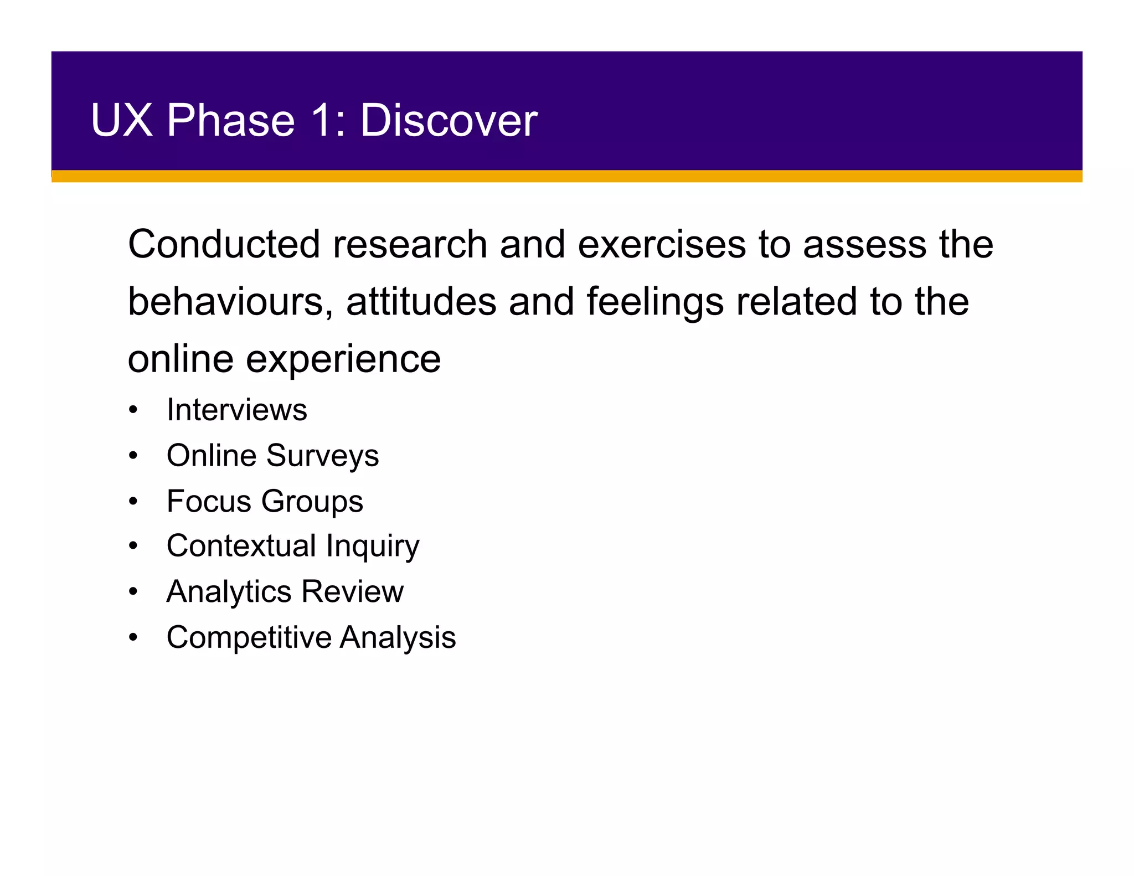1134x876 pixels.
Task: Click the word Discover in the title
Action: tap(449, 120)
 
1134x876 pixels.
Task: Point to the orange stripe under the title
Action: tap(567, 177)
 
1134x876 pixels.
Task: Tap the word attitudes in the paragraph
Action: tap(421, 302)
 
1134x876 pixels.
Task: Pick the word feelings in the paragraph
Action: tap(655, 302)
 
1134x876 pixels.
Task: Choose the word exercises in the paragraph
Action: tap(662, 244)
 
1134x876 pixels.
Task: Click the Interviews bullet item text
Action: tap(237, 410)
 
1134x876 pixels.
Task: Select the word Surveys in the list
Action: tap(323, 456)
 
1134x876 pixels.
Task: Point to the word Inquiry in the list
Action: tap(373, 547)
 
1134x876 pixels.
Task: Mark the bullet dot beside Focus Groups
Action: tap(133, 502)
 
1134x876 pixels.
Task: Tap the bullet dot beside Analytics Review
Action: tap(133, 592)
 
